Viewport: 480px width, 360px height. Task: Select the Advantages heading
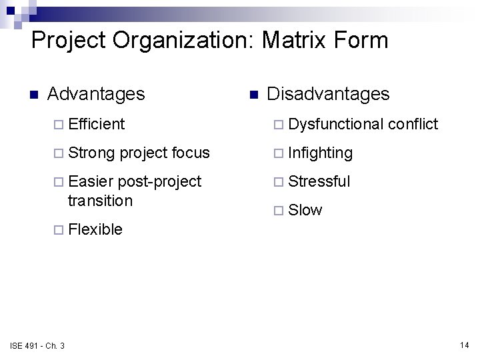click(x=96, y=94)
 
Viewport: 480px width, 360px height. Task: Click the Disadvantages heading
click(x=328, y=94)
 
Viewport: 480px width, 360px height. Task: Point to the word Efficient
click(x=96, y=124)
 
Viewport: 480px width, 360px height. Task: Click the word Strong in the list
click(x=92, y=153)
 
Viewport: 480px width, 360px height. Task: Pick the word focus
click(x=191, y=153)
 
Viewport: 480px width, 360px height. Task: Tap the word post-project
click(x=160, y=181)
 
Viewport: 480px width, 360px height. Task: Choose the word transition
click(x=100, y=200)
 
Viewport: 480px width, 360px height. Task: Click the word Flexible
click(x=95, y=229)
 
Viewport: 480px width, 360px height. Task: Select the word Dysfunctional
click(x=336, y=124)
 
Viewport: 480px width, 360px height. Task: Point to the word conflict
click(x=413, y=124)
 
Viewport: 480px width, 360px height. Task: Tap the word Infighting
click(x=321, y=153)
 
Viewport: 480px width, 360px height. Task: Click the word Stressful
click(x=319, y=181)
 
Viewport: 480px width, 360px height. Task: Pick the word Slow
click(x=305, y=210)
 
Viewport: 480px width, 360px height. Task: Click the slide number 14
click(x=464, y=345)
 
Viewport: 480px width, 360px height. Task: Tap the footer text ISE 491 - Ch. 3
click(x=37, y=345)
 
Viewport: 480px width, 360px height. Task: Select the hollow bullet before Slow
click(x=279, y=211)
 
